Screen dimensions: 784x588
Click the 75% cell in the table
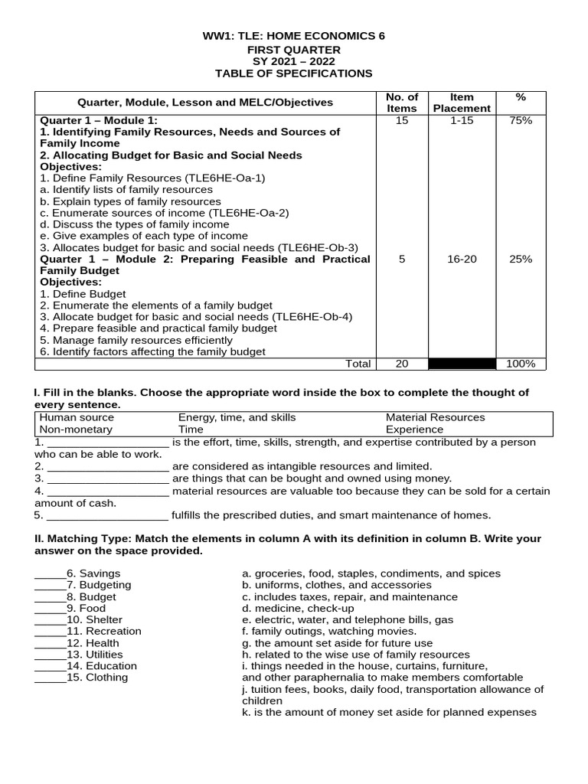click(521, 121)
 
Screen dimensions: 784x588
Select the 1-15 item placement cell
click(462, 121)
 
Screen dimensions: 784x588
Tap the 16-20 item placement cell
click(462, 260)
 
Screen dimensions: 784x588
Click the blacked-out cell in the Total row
click(462, 364)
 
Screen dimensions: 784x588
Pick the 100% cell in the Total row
click(521, 364)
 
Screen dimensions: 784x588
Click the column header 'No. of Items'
click(402, 103)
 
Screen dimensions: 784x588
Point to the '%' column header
click(521, 97)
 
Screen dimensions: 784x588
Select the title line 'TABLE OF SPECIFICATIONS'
click(294, 73)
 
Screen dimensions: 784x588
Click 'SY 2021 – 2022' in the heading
click(294, 61)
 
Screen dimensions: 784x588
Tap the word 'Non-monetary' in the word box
click(76, 430)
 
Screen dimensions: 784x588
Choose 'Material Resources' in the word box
click(435, 417)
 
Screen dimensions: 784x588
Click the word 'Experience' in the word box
click(413, 430)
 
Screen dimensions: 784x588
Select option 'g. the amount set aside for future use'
click(337, 643)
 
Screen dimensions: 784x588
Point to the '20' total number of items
click(402, 364)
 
